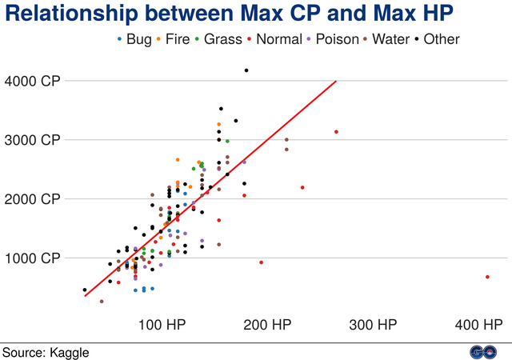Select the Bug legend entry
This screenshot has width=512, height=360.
pos(134,38)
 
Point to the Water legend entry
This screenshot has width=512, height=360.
pos(390,38)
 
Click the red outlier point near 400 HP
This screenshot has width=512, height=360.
pos(487,277)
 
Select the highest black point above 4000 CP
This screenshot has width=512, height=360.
pos(246,70)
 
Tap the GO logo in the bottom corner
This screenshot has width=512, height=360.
pos(481,351)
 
